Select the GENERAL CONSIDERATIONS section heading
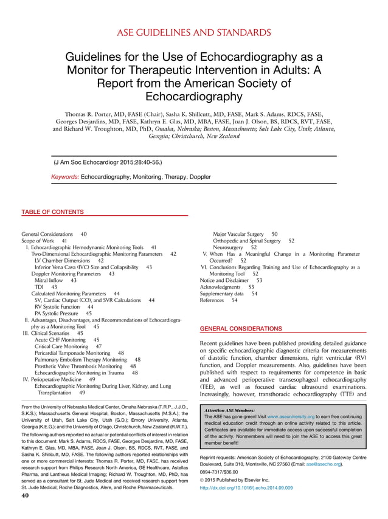click(241, 328)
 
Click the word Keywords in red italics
click(64, 177)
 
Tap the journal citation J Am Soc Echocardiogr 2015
click(108, 162)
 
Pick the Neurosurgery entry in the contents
click(229, 247)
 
